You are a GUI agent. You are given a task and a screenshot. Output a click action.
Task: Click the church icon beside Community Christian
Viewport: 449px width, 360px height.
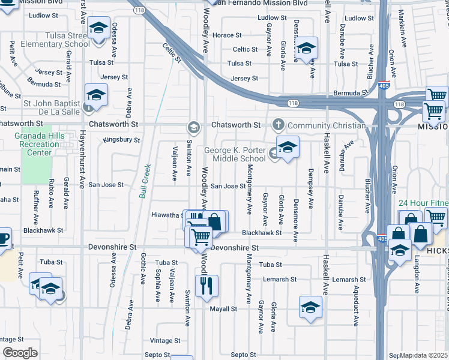click(277, 125)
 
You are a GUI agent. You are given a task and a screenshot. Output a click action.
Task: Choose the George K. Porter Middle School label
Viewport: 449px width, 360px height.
click(235, 154)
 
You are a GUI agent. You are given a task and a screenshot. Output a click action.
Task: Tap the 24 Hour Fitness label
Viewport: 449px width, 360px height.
click(423, 203)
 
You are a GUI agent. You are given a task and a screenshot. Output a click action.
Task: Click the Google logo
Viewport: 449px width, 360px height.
click(20, 353)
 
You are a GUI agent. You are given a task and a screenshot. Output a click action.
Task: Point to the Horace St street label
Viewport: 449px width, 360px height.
click(227, 35)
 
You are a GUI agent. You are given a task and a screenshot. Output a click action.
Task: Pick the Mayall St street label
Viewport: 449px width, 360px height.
click(223, 309)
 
